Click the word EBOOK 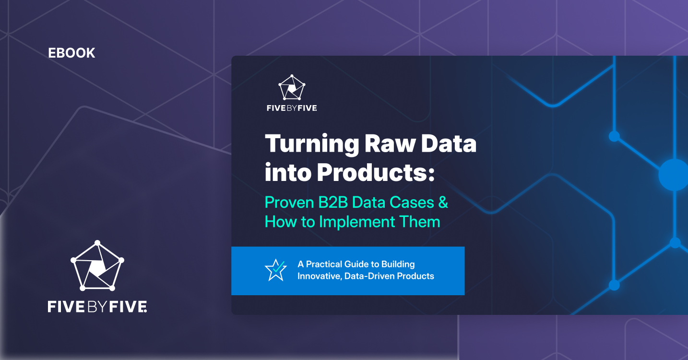[71, 53]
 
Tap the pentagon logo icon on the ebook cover [292, 87]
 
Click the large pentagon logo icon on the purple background [97, 266]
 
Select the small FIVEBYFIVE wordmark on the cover [292, 108]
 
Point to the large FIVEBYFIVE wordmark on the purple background [97, 306]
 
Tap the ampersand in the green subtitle [443, 202]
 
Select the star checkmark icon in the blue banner [275, 270]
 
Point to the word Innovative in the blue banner [319, 276]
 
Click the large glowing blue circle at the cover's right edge [674, 175]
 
